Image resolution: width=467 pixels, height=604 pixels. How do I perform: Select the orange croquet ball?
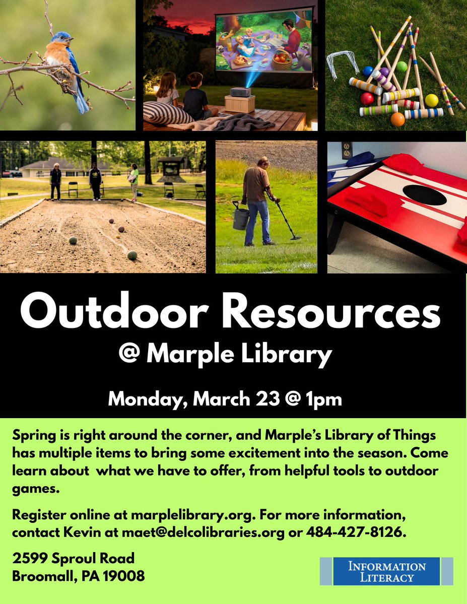397,119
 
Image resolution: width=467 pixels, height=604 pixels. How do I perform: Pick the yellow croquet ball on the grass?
431,100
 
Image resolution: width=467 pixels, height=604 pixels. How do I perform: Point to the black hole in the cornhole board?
424,195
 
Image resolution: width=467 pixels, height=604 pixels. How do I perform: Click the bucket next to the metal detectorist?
241,218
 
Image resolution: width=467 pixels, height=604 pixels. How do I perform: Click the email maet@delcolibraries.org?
203,533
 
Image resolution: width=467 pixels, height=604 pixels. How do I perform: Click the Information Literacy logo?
386,571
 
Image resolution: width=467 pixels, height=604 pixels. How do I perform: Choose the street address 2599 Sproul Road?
74,558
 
